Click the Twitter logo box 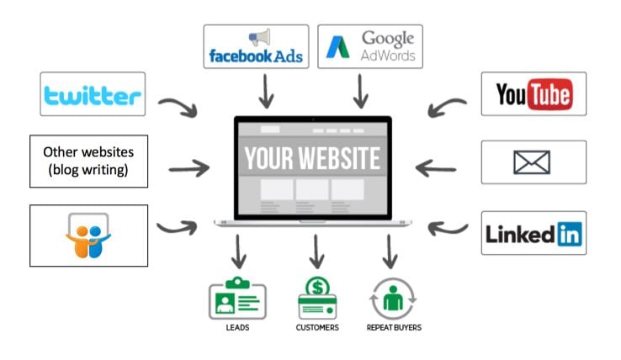coord(93,94)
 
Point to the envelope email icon coord(533,161)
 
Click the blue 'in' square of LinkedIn coord(569,233)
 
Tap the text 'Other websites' coord(88,154)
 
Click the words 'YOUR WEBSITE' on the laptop coord(312,158)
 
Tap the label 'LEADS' coord(236,326)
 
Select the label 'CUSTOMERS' coord(317,326)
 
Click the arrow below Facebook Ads coord(267,91)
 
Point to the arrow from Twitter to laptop coord(178,106)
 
